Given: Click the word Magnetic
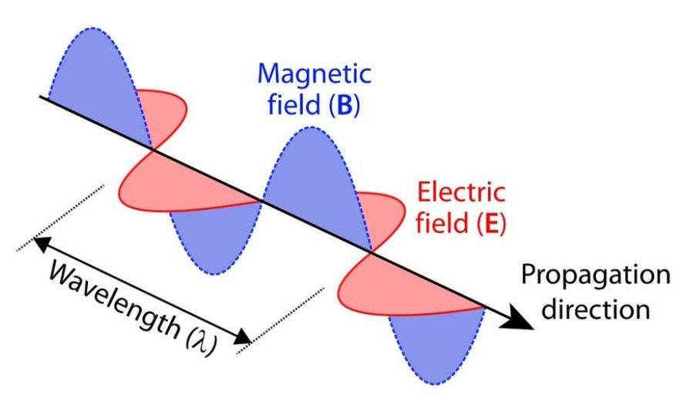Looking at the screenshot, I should click(314, 75).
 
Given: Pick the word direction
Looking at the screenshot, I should click(594, 309).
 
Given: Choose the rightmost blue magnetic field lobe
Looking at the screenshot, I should click(428, 340).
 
